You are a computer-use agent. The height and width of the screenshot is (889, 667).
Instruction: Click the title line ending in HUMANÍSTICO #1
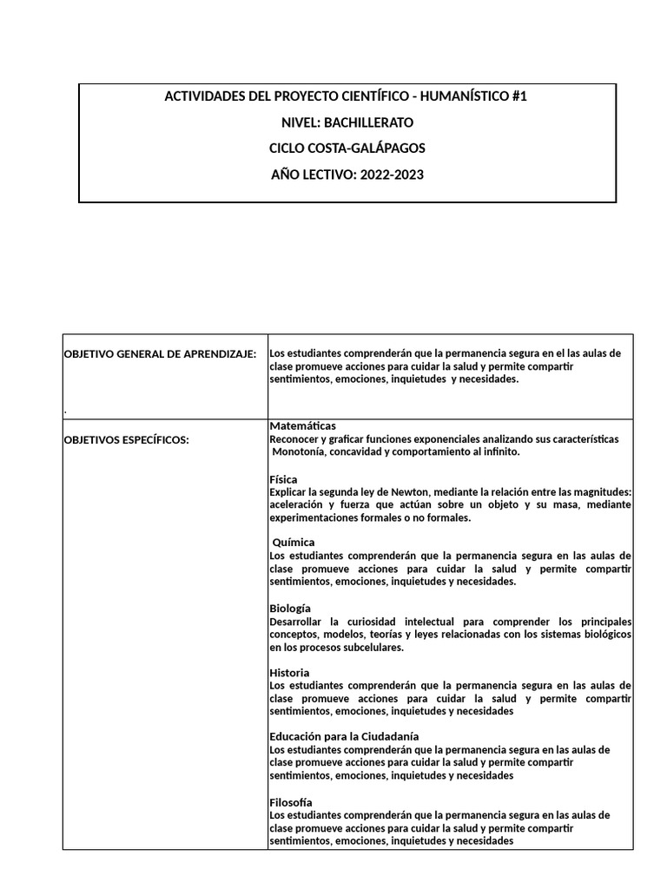[346, 96]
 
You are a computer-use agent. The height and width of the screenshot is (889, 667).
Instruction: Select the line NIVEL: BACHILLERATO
[346, 122]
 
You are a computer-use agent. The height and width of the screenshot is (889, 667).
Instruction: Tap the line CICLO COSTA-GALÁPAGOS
[346, 148]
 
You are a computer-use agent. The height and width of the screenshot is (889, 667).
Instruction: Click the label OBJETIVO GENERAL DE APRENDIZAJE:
[161, 354]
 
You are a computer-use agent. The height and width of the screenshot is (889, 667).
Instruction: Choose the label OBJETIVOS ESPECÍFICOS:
[127, 440]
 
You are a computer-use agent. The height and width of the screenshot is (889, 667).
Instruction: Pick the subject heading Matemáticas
[302, 426]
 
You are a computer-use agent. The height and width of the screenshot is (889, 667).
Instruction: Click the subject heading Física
[284, 478]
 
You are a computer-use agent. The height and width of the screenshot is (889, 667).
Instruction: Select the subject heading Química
[294, 543]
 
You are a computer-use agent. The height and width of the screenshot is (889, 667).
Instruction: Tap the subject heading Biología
[290, 608]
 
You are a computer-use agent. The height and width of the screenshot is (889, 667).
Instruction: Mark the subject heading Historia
[289, 673]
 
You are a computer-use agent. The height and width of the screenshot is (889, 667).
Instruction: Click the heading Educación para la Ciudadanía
[345, 737]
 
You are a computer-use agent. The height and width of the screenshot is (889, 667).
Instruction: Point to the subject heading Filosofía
[291, 802]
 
